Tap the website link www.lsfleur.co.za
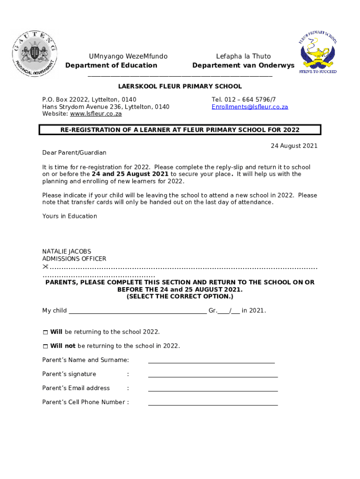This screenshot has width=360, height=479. pos(96,114)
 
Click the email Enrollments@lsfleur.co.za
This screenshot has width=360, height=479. pos(250,107)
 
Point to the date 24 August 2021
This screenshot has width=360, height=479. pos(294,146)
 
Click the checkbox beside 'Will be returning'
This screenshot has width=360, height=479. pos(45,332)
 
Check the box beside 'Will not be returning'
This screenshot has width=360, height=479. pos(45,347)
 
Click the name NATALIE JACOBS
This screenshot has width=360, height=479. pos(67,252)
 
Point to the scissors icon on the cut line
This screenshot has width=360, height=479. pos(45,267)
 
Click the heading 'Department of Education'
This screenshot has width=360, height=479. pos(111,65)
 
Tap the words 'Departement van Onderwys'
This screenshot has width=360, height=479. pos(243,65)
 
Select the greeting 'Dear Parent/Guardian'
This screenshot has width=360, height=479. pos(74,153)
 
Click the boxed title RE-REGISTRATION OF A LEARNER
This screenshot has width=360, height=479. pos(180,130)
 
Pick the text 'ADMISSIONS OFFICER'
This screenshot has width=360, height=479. pos(74,259)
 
